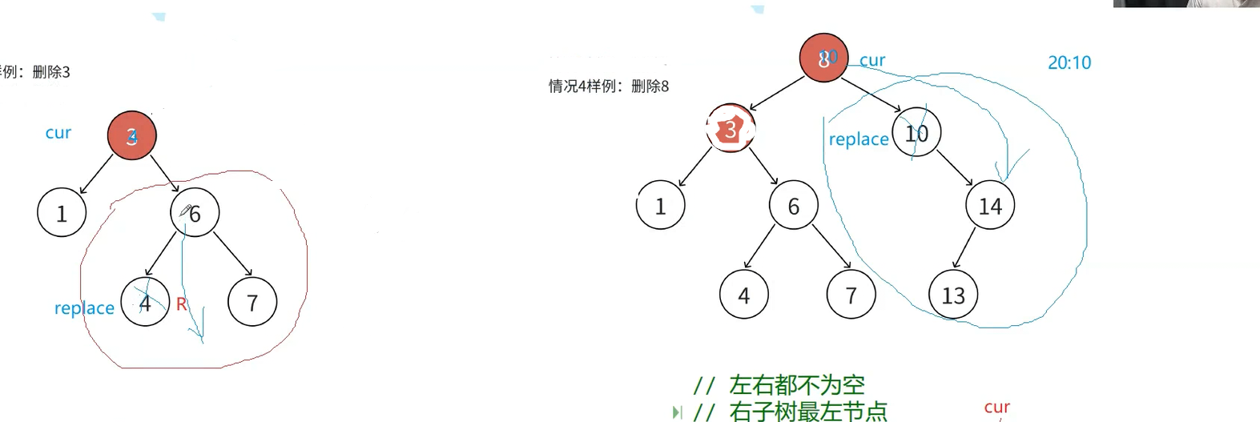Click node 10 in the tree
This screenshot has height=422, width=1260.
click(916, 133)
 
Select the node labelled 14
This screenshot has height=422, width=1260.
click(990, 206)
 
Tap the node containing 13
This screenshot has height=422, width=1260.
click(953, 295)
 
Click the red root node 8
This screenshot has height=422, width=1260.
click(823, 58)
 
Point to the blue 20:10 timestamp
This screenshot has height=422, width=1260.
click(1069, 62)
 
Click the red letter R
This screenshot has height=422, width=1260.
click(181, 304)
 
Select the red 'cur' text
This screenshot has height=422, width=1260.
click(996, 408)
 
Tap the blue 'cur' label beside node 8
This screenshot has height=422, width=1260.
click(872, 60)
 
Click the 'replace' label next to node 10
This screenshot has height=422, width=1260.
click(859, 139)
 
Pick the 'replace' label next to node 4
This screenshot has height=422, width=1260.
click(84, 308)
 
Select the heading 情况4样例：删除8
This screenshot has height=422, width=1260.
click(609, 86)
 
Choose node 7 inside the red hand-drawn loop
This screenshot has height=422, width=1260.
click(252, 303)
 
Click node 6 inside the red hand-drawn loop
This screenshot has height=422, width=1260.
click(195, 213)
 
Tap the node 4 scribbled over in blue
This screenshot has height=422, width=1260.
click(145, 303)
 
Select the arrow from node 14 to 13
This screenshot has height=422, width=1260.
click(964, 248)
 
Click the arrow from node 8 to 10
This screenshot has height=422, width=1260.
click(874, 94)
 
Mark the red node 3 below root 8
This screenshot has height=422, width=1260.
click(731, 129)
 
